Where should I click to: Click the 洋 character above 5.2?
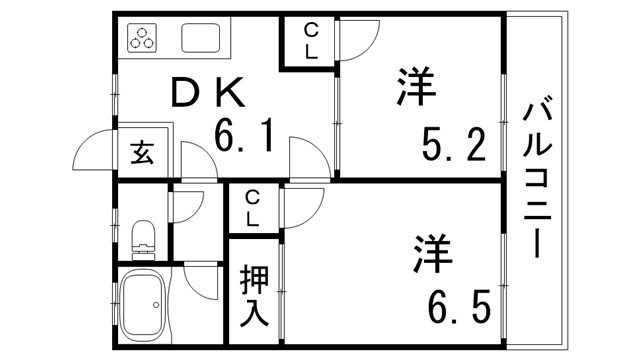pos(414,88)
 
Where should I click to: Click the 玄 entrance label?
pos(140,155)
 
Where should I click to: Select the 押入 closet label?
pos(253,296)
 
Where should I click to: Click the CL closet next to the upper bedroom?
pos(311,42)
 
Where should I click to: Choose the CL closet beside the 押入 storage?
pos(253,207)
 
